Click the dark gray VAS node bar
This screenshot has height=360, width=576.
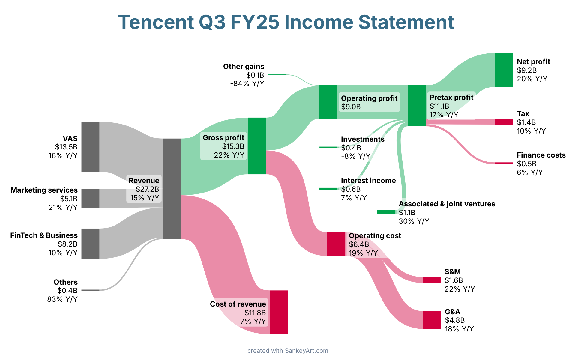click(x=90, y=146)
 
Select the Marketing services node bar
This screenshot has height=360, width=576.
click(x=90, y=198)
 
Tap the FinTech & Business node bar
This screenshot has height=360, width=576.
click(x=90, y=244)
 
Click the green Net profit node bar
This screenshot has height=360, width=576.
click(x=504, y=70)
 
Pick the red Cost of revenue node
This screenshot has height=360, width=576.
click(x=279, y=312)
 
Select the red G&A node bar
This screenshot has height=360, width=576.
click(x=432, y=320)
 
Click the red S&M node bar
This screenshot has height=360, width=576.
click(x=432, y=280)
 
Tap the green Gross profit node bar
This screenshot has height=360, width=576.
click(x=257, y=146)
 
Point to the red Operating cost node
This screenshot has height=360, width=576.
click(x=336, y=244)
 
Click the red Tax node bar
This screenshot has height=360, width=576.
click(x=504, y=122)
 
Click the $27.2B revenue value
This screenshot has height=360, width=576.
click(x=147, y=189)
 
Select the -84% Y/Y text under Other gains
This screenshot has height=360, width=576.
click(x=247, y=84)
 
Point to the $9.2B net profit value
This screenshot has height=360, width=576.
click(x=527, y=70)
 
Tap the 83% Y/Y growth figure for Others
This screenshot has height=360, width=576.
click(x=62, y=299)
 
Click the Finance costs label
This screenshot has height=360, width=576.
click(x=541, y=155)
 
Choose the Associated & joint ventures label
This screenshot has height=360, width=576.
click(x=447, y=204)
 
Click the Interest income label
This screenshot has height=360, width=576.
click(x=368, y=181)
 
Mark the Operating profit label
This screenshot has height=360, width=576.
click(x=369, y=98)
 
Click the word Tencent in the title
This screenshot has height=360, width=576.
click(x=156, y=22)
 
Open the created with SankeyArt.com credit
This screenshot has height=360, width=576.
click(x=288, y=351)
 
